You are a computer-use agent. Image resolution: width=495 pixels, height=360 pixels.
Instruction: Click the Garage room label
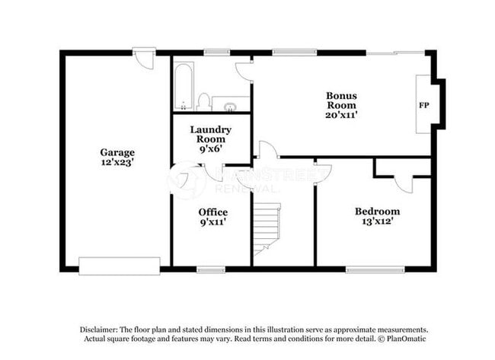click(117, 151)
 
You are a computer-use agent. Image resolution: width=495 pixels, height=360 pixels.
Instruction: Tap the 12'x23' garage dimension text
click(117, 162)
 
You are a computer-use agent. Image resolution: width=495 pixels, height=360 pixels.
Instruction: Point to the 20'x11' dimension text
click(341, 115)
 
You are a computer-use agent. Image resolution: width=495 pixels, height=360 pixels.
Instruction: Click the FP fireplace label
click(423, 104)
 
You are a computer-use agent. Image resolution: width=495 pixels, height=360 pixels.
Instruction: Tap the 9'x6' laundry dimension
click(211, 149)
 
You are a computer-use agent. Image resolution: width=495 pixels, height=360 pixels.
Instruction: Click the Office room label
click(212, 212)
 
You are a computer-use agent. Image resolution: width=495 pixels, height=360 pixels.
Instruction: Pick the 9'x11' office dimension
click(212, 222)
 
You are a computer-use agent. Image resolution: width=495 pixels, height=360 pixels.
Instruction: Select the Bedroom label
click(377, 211)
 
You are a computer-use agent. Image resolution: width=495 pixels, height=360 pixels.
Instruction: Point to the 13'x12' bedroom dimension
click(377, 222)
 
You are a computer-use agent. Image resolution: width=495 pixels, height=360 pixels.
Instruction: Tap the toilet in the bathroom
click(203, 101)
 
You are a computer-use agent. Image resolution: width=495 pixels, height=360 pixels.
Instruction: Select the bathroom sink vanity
click(228, 104)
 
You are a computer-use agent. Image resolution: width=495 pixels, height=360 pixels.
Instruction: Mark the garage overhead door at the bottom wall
click(120, 266)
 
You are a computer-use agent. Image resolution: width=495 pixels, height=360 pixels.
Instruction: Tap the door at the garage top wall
click(143, 58)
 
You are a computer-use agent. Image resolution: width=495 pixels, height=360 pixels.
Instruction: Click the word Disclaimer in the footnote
click(101, 329)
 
